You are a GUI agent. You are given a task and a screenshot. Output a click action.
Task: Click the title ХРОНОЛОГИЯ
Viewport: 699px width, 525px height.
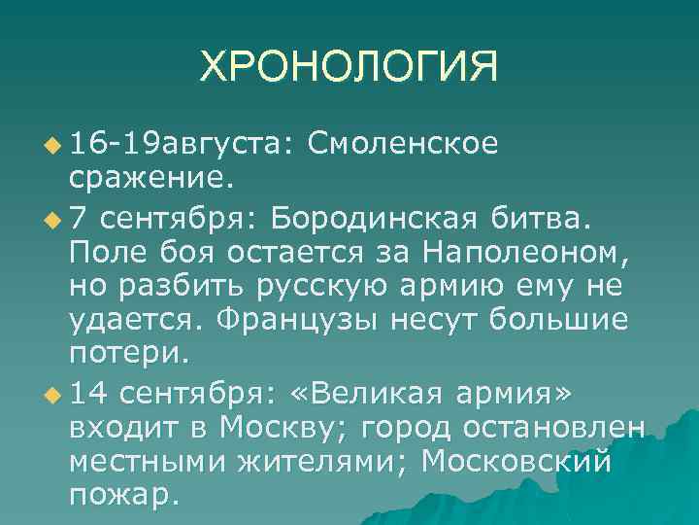tap(349, 68)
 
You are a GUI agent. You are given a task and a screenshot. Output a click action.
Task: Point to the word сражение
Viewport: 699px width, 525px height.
tap(149, 181)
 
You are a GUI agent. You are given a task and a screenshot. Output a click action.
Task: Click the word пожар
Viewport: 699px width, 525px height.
tap(123, 496)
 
